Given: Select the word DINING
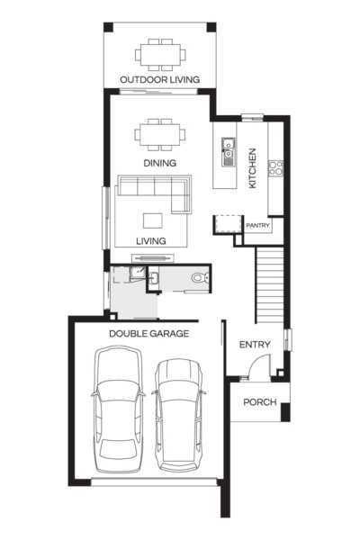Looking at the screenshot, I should point(158,163).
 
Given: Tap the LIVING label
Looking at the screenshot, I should point(150,241).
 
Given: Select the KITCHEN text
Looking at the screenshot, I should point(254,168).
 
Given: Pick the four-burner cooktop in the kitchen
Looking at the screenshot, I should point(275,167).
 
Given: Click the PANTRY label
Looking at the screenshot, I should point(257,226).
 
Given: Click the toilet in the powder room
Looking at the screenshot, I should point(198,282).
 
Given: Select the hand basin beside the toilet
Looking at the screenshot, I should point(154,282).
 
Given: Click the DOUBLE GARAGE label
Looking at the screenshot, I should point(148,333).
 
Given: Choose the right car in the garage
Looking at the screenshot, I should point(176,414).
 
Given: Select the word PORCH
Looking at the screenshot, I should point(260,402).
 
